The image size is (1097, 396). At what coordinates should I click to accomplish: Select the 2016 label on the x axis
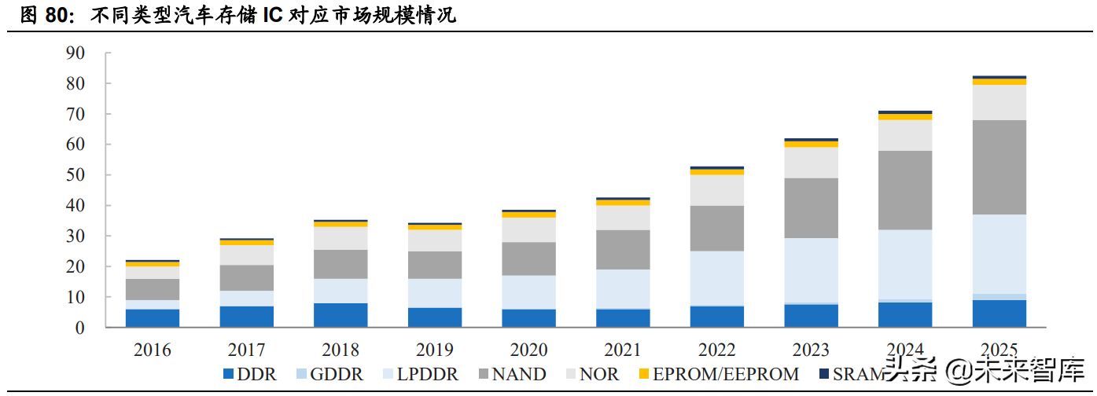[152, 350]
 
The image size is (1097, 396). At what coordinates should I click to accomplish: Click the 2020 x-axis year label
[528, 350]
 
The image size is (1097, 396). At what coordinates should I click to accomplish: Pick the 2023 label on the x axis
[811, 350]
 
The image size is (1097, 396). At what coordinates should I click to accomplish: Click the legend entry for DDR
[250, 375]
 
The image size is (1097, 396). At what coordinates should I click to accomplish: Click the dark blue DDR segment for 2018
[341, 315]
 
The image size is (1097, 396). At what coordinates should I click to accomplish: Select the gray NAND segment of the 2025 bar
[999, 167]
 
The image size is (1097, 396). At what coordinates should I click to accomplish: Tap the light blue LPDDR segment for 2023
[811, 270]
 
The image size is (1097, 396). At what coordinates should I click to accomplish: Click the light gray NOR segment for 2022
[716, 190]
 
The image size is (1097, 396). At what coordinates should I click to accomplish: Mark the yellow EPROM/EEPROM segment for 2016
[152, 264]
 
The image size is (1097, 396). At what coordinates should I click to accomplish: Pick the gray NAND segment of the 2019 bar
[434, 265]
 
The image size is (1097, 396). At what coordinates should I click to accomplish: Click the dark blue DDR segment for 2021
[623, 318]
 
